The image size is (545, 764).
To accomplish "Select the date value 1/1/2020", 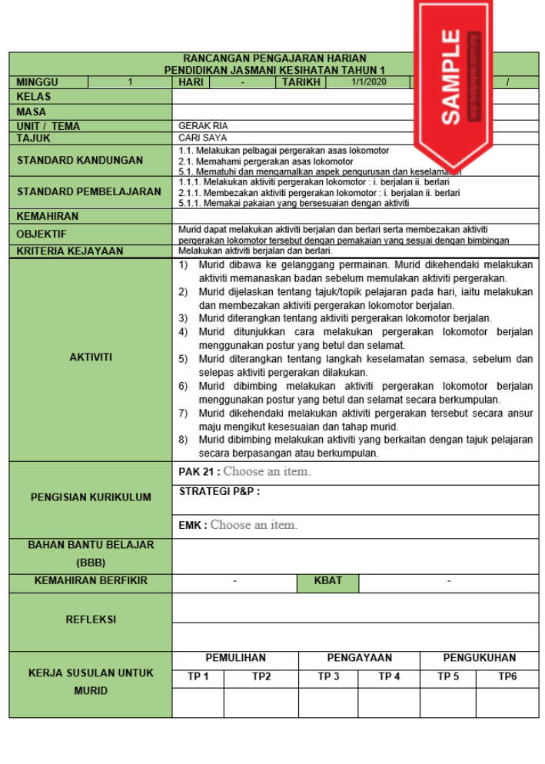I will (368, 81).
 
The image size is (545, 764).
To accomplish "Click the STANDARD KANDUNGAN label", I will (80, 161).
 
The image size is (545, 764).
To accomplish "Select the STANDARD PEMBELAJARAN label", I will (89, 191).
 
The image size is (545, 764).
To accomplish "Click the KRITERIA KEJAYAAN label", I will (70, 251).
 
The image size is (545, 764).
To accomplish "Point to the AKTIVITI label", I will (91, 357).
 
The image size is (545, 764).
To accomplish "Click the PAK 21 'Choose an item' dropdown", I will (267, 472).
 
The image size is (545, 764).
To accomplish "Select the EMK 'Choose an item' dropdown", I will (254, 525).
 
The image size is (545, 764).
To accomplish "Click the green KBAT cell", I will (328, 581).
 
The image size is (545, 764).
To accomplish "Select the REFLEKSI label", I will (91, 620).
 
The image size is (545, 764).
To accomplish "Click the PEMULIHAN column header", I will (235, 658).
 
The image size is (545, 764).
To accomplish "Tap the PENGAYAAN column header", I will (359, 658).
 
